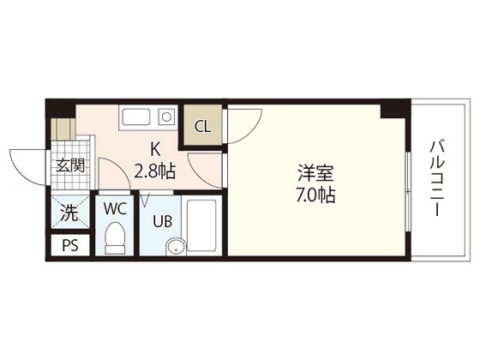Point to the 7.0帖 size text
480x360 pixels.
click(310, 195)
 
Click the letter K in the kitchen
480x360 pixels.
click(154, 147)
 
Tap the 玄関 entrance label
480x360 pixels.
click(71, 165)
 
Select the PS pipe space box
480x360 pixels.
click(69, 246)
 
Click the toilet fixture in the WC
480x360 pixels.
click(114, 238)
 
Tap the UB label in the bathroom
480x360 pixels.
click(162, 220)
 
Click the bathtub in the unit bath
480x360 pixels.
click(202, 225)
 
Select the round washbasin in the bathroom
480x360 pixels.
click(175, 249)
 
